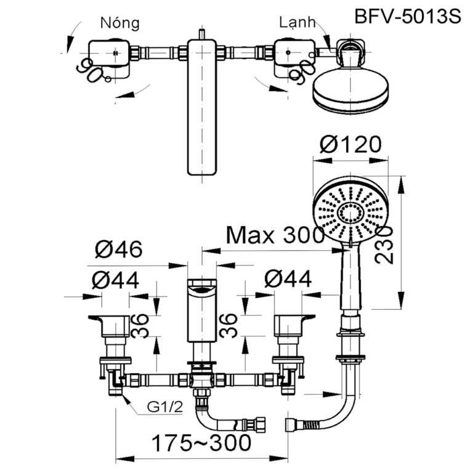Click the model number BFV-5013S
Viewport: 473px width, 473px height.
408,17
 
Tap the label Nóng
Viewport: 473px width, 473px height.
120,23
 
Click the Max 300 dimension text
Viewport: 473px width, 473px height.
275,235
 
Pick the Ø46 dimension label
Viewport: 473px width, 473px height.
119,250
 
